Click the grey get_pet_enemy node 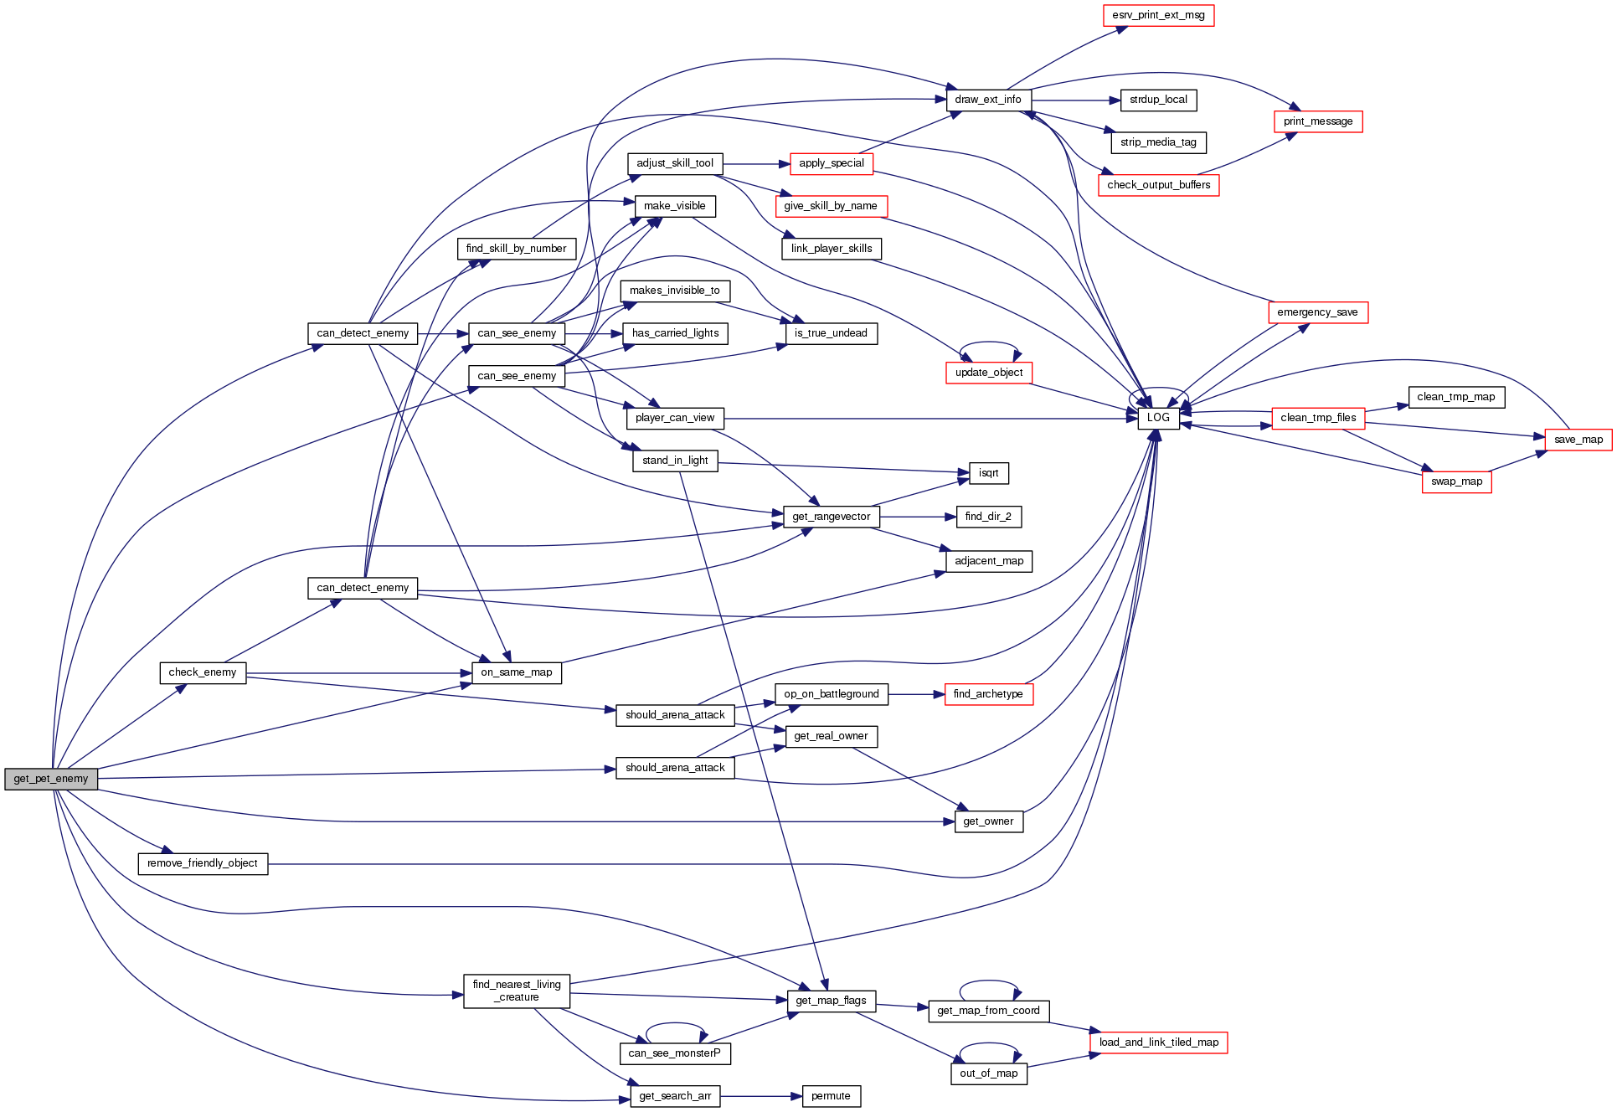point(51,779)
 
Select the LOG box point(1158,418)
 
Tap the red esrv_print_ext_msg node point(1158,15)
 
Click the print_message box point(1317,121)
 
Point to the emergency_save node point(1317,312)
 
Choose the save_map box point(1578,440)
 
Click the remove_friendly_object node point(203,863)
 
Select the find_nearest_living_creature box point(517,991)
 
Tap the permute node point(831,1096)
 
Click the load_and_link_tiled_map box point(1158,1042)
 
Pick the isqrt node point(988,473)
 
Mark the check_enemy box point(203,672)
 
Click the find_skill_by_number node point(516,249)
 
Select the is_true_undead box point(831,333)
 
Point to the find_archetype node point(988,694)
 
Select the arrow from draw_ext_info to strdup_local point(1075,100)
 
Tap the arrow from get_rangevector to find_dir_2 point(918,517)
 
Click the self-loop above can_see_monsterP point(676,1024)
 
